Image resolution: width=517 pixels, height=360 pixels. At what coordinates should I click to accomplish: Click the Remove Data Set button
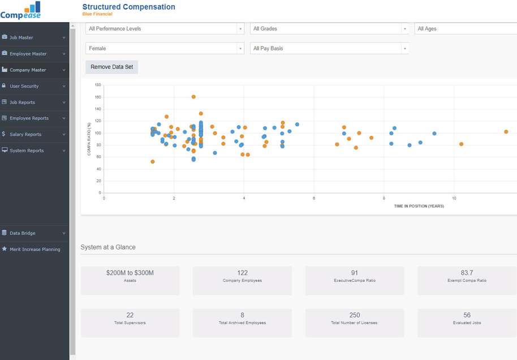pos(111,67)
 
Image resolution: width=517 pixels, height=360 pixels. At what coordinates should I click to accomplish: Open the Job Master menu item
pos(21,37)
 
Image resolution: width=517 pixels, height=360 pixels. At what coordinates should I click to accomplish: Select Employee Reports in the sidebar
pos(29,118)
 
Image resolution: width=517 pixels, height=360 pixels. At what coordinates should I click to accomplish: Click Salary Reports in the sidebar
pos(25,135)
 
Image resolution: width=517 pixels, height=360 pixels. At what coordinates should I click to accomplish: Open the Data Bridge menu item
pos(23,233)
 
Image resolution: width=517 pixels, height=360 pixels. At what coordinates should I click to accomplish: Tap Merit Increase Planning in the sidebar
pos(35,249)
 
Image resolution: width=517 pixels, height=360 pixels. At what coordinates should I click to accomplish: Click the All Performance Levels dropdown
pos(165,29)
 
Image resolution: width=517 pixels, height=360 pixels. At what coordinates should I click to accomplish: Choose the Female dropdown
pos(165,49)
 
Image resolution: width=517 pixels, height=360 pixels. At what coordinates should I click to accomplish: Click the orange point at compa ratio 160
pos(193,97)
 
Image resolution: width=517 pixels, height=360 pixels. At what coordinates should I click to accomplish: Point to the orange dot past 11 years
pos(506,132)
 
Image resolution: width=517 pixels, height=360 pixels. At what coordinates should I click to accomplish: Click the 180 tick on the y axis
pos(98,85)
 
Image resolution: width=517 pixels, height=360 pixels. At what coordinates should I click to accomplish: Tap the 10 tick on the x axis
pos(454,199)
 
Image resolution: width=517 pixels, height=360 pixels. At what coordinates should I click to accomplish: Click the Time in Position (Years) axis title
pos(419,206)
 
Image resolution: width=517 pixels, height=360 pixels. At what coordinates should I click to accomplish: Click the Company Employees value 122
pos(242,273)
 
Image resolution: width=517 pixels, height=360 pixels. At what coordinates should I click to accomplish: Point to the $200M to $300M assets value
pos(130,273)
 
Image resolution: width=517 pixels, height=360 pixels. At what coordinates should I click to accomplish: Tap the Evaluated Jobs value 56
pos(467,315)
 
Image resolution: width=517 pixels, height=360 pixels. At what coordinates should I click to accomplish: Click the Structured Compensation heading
pos(128,7)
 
